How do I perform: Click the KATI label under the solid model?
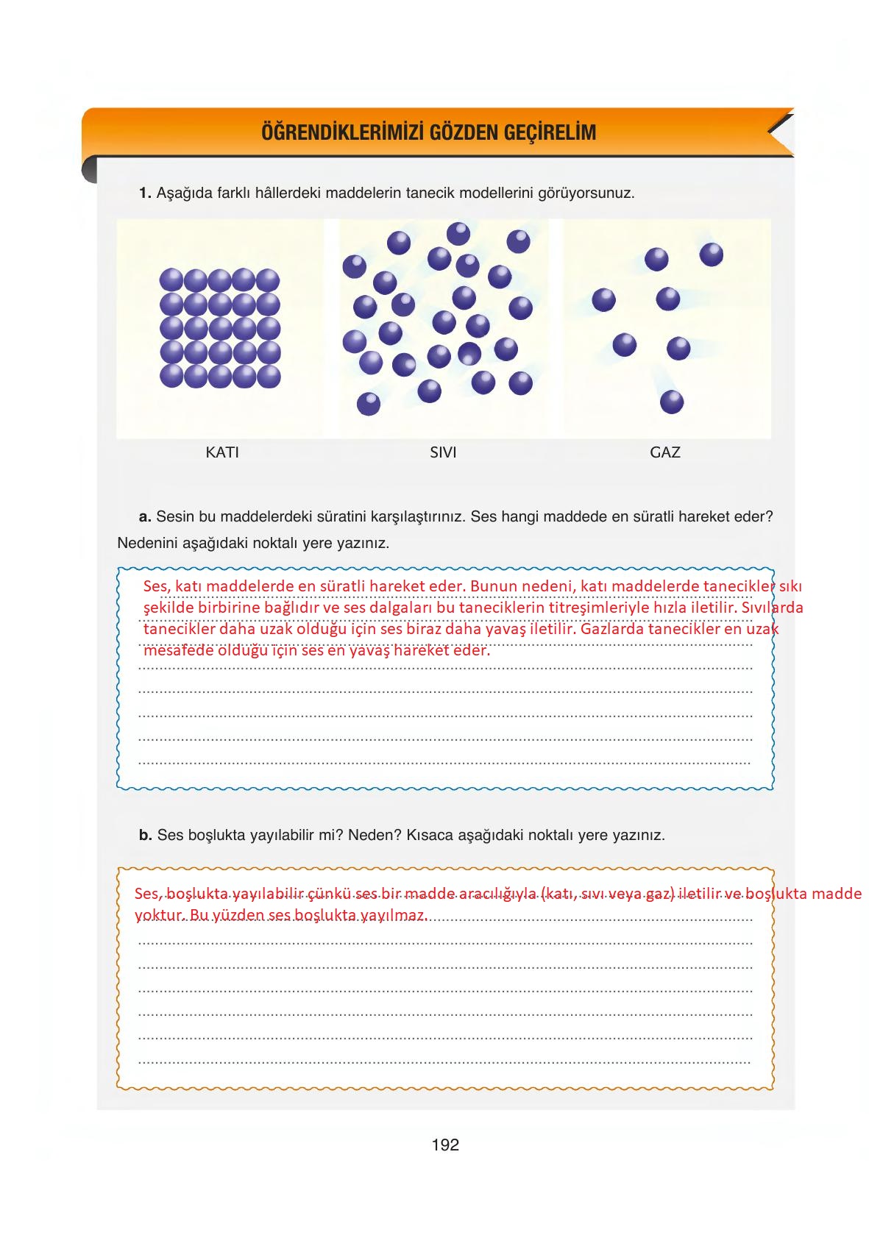point(222,452)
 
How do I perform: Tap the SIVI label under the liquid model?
point(443,452)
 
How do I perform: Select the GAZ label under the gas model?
point(665,452)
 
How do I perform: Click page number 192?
point(445,1145)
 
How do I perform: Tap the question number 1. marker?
point(145,193)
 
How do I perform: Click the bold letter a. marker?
point(145,516)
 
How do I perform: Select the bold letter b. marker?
point(145,835)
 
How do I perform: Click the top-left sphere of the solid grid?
point(171,280)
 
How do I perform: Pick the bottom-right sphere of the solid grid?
point(268,376)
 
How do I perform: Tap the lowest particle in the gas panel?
point(672,402)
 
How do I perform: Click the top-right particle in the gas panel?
point(711,255)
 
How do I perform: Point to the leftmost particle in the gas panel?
point(603,299)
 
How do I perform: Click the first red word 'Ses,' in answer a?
point(156,586)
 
